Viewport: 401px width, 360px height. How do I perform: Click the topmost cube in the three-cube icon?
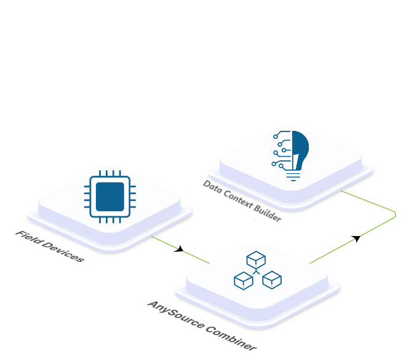[x=255, y=260]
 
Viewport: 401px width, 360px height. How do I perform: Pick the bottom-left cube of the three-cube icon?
[x=243, y=281]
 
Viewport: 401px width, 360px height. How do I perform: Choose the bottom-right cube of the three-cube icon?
[x=272, y=280]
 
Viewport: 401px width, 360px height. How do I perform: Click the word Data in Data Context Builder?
[x=213, y=186]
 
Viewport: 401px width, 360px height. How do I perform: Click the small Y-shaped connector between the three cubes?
[x=256, y=272]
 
